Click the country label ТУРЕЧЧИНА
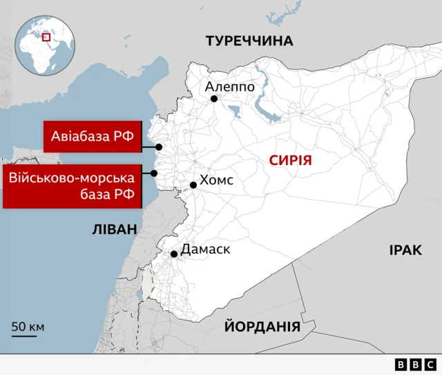[x=249, y=41]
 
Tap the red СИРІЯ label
[x=291, y=161]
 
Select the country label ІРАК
[x=405, y=250]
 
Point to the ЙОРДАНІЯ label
[x=262, y=327]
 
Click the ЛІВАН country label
[x=115, y=229]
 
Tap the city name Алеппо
[x=230, y=87]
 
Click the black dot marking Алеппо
[x=214, y=99]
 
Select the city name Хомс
[x=216, y=181]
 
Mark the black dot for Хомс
[x=193, y=185]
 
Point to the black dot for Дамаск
[x=174, y=254]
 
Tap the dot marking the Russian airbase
[x=159, y=147]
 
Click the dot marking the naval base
[x=155, y=173]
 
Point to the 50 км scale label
[x=28, y=326]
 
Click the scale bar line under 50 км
[x=24, y=337]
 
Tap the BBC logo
[x=415, y=364]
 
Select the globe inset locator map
[x=46, y=46]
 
